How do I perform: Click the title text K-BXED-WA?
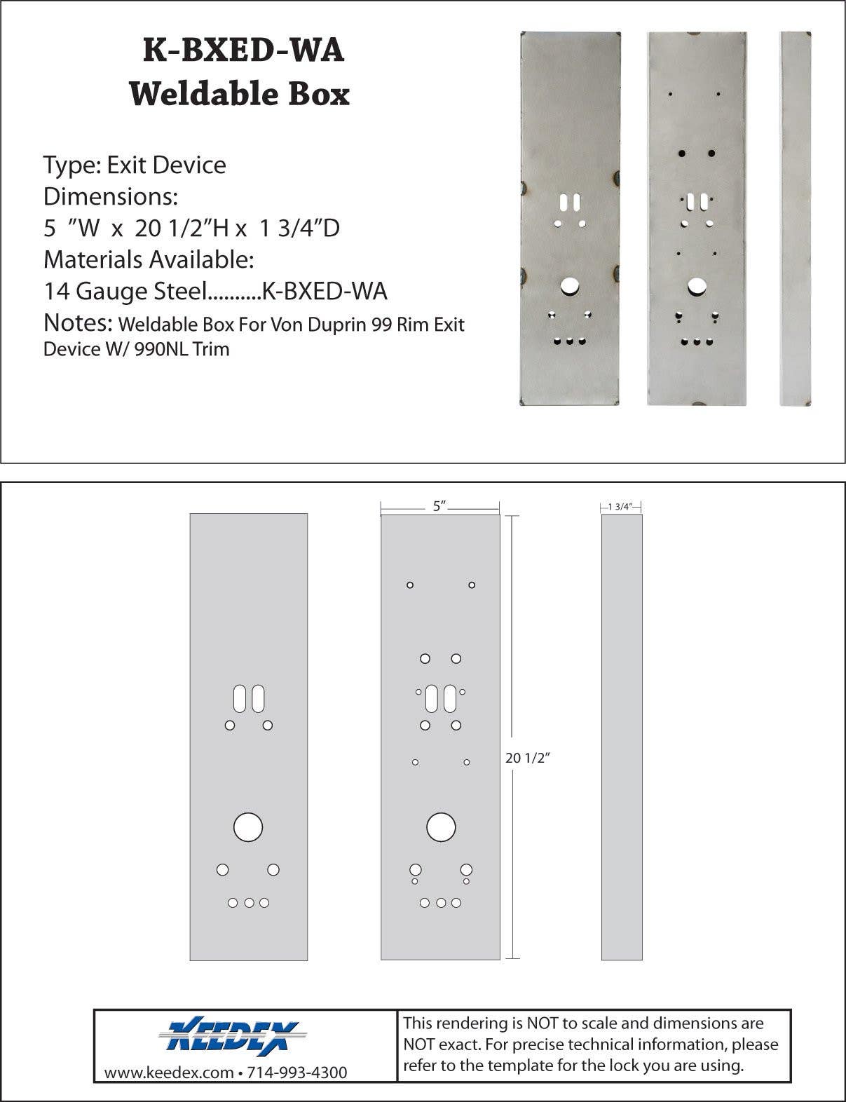[x=243, y=50]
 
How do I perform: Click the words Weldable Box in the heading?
[x=239, y=94]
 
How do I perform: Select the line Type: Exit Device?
[x=135, y=165]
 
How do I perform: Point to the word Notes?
[x=78, y=322]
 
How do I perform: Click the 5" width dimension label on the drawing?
[x=439, y=506]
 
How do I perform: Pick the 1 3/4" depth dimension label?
[x=620, y=506]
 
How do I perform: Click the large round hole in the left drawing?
[x=248, y=826]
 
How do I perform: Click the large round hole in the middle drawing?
[x=441, y=826]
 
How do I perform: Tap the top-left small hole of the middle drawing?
[x=410, y=585]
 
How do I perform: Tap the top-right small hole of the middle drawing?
[x=472, y=585]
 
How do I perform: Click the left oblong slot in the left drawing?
[x=240, y=699]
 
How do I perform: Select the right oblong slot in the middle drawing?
[x=450, y=699]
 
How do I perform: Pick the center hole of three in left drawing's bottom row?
[x=249, y=903]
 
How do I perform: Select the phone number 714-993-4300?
[x=297, y=1073]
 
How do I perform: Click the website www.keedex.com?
[x=169, y=1073]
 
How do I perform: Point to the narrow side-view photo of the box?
[x=796, y=218]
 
